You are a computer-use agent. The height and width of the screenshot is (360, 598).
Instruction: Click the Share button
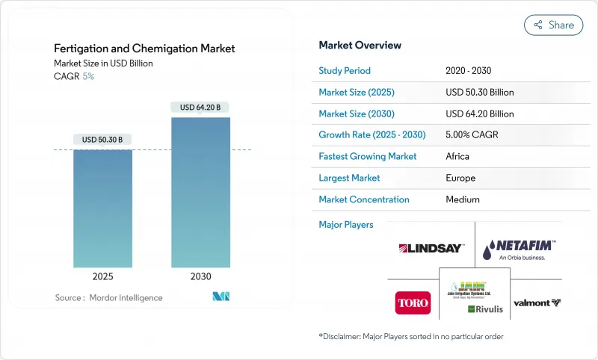coord(554,25)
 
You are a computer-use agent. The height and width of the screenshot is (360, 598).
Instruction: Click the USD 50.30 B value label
coord(102,139)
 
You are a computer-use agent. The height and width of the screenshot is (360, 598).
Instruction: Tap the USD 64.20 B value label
coord(200,107)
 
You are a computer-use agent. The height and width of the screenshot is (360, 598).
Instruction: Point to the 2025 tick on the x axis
coord(102,276)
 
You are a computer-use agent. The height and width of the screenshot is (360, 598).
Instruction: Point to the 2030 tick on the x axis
coord(200,276)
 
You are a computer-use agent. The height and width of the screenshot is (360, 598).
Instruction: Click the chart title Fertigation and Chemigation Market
coord(144,49)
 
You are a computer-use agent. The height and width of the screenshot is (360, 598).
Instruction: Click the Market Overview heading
coord(360,45)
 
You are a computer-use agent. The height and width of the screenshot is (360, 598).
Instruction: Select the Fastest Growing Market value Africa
coord(457,156)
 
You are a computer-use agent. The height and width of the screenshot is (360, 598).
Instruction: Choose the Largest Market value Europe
coord(460,178)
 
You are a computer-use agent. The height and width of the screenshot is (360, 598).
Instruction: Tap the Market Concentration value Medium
coord(462,199)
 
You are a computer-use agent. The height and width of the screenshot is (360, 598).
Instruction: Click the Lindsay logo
coord(431,248)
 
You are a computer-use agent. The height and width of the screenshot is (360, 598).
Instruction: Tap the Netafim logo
coord(520,249)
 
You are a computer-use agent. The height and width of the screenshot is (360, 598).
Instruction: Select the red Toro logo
coord(413,302)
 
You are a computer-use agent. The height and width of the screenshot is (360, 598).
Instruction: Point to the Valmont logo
coord(537,303)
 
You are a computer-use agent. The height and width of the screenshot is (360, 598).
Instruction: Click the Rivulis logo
coord(484,309)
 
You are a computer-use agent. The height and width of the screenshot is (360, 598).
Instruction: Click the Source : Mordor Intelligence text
coord(109,298)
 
